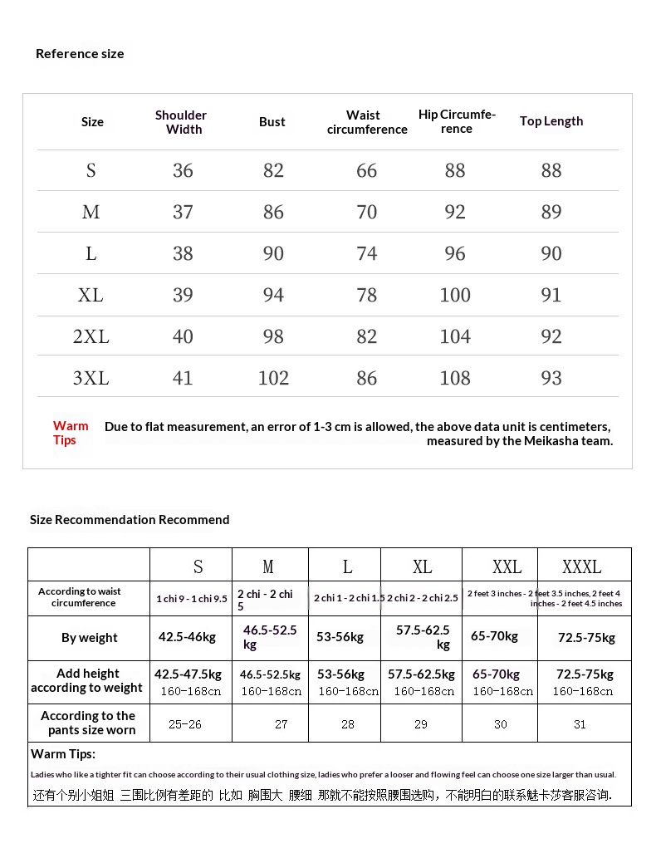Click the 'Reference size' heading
coord(80,54)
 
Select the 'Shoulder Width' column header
coord(181,122)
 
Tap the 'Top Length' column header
coord(551,121)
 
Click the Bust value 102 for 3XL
coord(273,379)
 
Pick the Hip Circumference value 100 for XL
coord(455,296)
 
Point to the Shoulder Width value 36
coord(183,171)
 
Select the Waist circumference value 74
coord(366,254)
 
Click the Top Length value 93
coord(551,379)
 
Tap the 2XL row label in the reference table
coord(91,337)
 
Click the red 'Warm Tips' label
coord(71,433)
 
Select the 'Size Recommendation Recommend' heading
coord(130,520)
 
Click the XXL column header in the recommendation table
coord(507,567)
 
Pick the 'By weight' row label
coord(90,638)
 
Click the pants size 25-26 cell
coord(184,724)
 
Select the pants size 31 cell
coord(580,724)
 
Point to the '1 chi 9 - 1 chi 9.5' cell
coord(192,599)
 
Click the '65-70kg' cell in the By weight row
coord(494,636)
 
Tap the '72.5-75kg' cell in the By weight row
coord(586,638)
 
